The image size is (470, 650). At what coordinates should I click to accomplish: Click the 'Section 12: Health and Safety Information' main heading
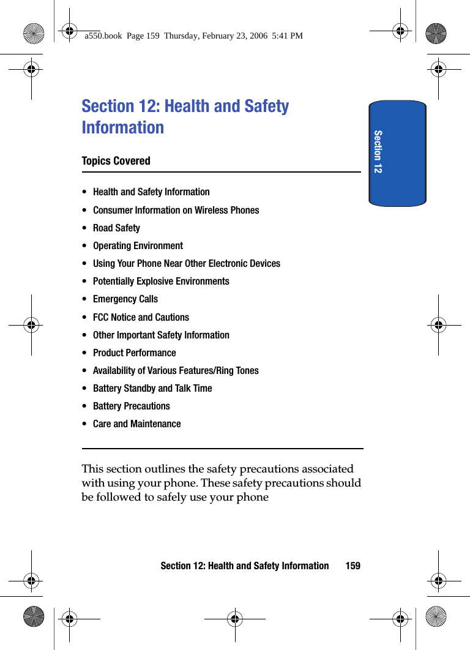click(x=185, y=116)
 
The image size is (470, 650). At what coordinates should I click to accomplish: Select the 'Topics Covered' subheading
click(x=116, y=161)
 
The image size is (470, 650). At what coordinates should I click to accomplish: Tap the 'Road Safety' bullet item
click(x=116, y=228)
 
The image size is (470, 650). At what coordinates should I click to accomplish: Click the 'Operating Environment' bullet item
click(x=138, y=245)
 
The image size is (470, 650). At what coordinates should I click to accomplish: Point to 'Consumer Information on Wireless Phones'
click(x=176, y=210)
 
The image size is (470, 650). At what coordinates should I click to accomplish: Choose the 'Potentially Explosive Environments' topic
click(x=161, y=281)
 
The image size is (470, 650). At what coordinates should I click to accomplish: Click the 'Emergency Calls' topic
click(x=125, y=299)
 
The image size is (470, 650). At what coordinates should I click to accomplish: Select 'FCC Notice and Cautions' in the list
click(x=141, y=317)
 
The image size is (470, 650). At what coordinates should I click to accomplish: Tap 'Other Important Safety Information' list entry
click(x=161, y=335)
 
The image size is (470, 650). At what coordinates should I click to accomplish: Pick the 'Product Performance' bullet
click(x=134, y=353)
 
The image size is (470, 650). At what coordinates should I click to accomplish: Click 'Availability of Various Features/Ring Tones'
click(x=176, y=370)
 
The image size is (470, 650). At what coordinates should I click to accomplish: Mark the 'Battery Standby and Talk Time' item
click(x=152, y=388)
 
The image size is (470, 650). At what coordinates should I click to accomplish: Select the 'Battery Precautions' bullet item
click(x=131, y=406)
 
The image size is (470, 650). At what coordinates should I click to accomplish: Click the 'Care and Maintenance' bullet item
click(x=136, y=424)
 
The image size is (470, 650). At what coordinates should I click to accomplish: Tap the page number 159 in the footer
click(x=352, y=566)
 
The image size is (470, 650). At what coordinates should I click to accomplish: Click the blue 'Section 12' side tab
click(x=397, y=153)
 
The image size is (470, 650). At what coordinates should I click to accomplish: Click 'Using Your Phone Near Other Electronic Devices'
click(x=186, y=263)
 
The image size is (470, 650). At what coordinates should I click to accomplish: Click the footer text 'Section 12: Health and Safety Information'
click(x=244, y=566)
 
